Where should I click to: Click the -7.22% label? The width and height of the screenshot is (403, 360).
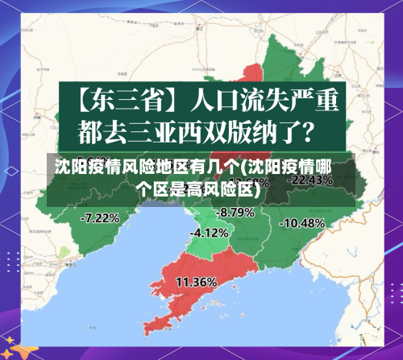(x=101, y=217)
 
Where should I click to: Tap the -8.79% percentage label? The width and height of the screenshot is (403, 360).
(x=236, y=212)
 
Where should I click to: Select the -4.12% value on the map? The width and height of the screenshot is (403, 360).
(x=210, y=232)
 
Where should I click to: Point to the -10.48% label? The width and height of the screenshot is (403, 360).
(x=304, y=222)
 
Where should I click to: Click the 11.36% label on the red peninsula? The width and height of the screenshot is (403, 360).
(x=196, y=282)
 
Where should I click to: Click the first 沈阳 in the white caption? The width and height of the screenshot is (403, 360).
(x=69, y=168)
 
